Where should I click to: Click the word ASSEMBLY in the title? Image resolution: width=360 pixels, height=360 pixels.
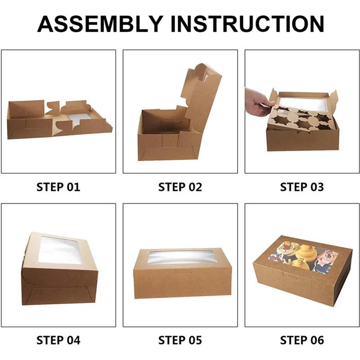click(x=100, y=24)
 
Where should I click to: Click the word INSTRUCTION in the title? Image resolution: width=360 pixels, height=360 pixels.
click(x=247, y=24)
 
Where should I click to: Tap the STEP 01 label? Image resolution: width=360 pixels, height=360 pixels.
click(x=58, y=187)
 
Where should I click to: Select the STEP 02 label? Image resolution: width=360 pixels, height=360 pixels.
click(x=180, y=187)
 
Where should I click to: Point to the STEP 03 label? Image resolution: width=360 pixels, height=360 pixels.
click(x=302, y=187)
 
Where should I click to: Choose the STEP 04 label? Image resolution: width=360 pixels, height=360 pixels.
click(x=58, y=340)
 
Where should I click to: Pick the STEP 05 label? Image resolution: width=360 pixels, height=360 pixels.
click(x=180, y=340)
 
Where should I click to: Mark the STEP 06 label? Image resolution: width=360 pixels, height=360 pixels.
click(x=302, y=340)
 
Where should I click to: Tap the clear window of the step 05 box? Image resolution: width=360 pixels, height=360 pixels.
click(x=181, y=257)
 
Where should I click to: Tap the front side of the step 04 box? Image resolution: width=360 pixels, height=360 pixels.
click(x=60, y=285)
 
